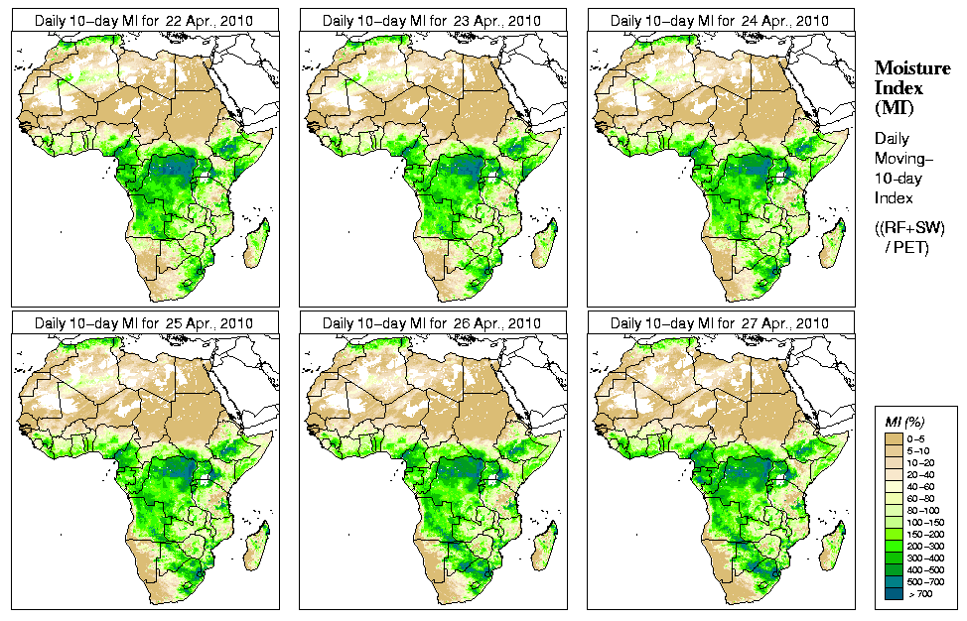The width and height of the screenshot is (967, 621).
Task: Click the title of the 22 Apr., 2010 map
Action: pos(144,20)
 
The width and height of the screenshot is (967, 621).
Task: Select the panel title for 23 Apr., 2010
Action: pos(432,20)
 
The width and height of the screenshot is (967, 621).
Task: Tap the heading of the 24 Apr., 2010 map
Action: pos(720,20)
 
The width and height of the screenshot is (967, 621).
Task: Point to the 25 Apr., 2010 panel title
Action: pos(144,323)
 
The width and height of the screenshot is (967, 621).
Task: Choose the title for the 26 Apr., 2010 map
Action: pos(432,323)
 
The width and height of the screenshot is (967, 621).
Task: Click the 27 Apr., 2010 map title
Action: pos(720,323)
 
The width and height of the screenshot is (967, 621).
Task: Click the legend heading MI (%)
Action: pos(905,424)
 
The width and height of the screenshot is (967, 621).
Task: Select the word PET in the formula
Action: pos(914,247)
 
